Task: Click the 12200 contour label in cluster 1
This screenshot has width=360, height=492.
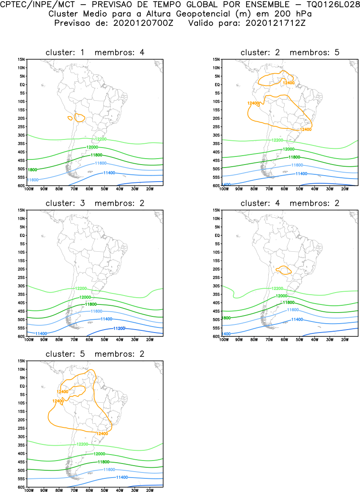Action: (x=100, y=139)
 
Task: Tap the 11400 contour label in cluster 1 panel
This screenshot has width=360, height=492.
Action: (x=109, y=173)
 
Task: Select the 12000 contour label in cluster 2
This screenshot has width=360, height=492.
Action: (x=289, y=149)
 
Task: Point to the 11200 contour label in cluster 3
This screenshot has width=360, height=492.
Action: (x=119, y=328)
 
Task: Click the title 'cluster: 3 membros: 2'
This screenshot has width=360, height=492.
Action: (x=95, y=203)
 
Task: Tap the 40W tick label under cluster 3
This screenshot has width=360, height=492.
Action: (x=119, y=339)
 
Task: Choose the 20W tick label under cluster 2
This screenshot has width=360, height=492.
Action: (x=345, y=189)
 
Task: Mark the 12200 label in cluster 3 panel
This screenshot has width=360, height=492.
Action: (x=81, y=288)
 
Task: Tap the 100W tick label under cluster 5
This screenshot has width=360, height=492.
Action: (x=29, y=490)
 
